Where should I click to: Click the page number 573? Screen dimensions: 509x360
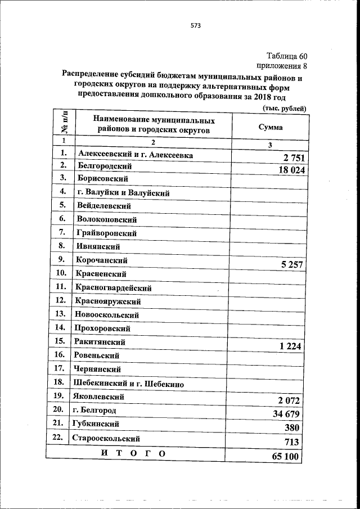coord(196,25)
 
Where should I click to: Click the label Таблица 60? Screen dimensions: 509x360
coord(287,55)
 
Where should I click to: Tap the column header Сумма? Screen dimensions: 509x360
coord(270,127)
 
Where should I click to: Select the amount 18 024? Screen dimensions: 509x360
coord(286,171)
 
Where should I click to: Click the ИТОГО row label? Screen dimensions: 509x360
coord(133,453)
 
